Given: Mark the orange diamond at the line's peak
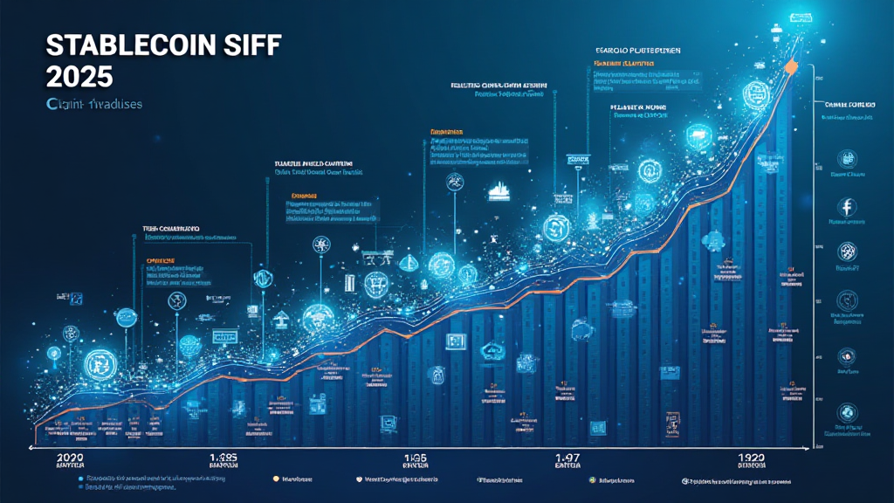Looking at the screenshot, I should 791,66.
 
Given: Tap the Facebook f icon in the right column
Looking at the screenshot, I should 847,207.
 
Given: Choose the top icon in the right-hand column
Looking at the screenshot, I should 847,159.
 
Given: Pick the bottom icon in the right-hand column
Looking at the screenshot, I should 847,412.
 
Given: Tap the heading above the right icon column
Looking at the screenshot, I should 848,105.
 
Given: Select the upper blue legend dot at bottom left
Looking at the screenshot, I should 81,479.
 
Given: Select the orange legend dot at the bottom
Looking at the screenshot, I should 276,479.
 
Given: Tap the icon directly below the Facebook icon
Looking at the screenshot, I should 847,251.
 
